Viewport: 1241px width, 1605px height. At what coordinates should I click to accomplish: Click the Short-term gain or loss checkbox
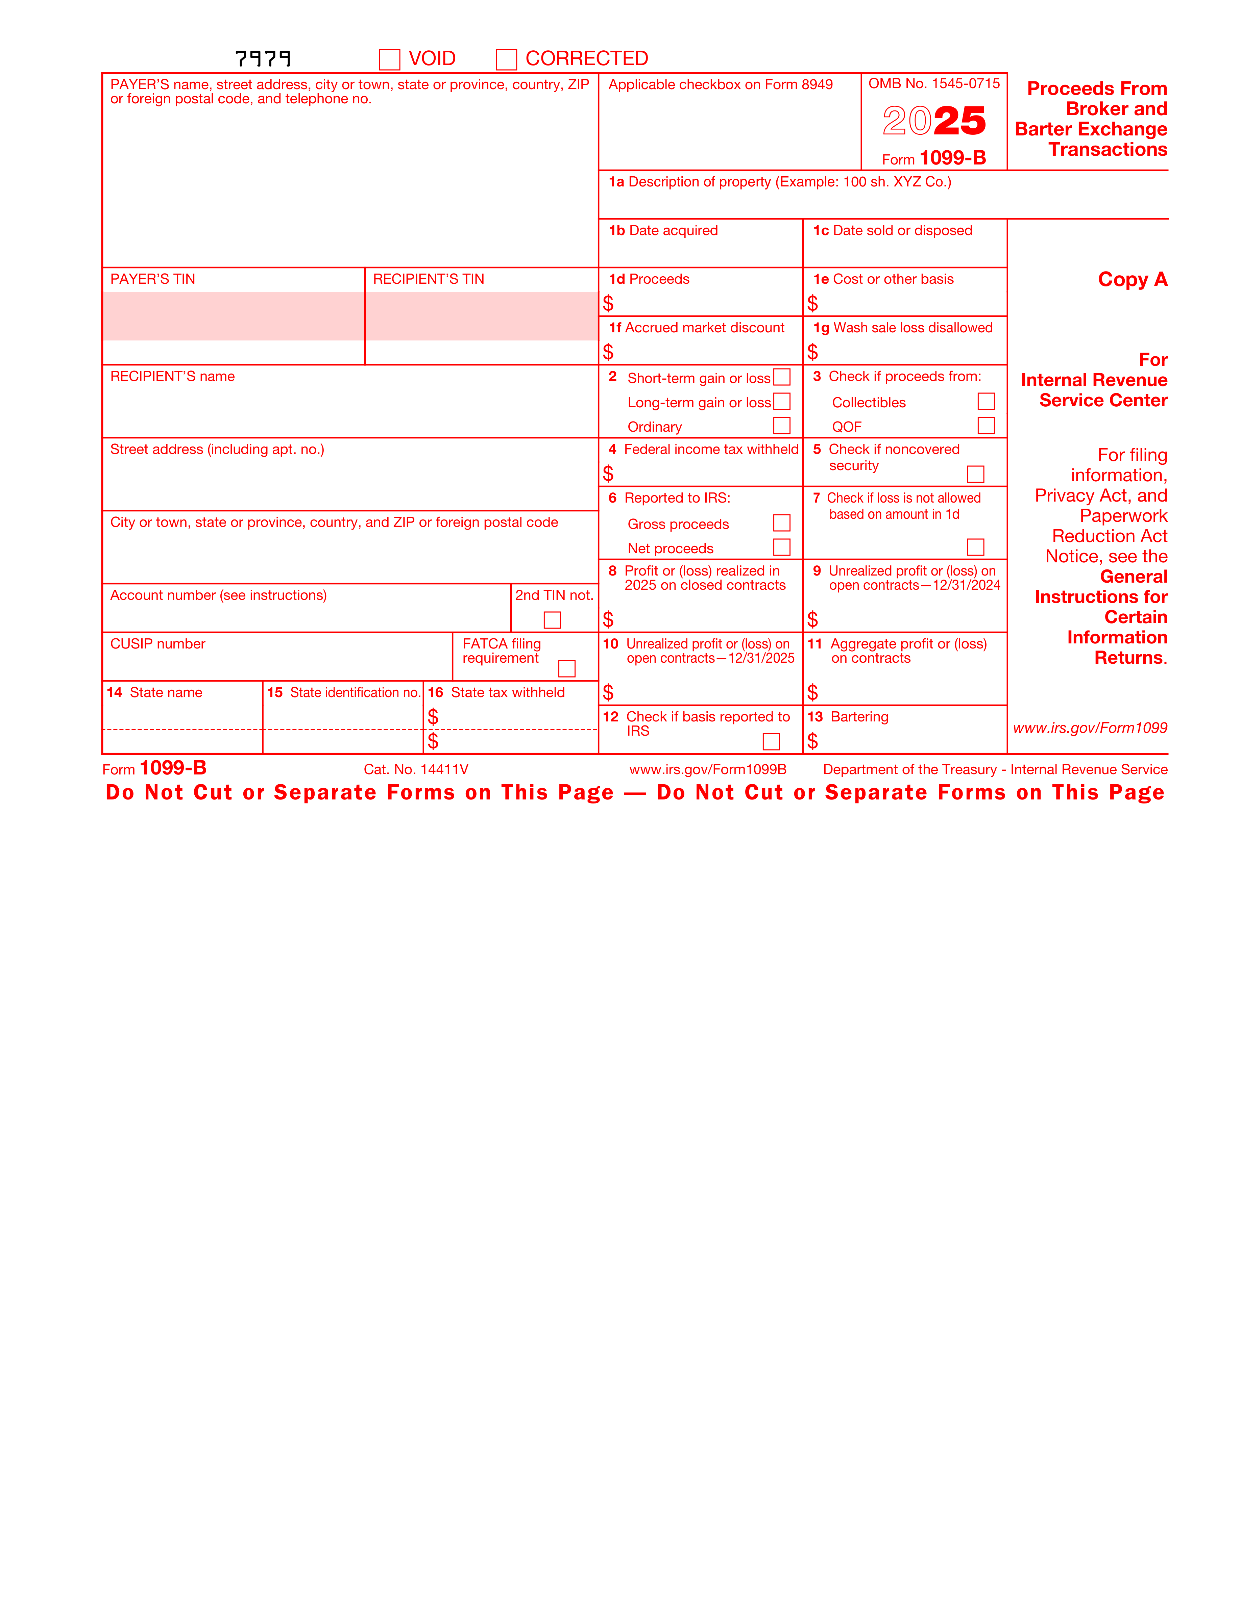pyautogui.click(x=781, y=377)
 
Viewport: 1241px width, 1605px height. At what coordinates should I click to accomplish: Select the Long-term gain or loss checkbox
pyautogui.click(x=781, y=401)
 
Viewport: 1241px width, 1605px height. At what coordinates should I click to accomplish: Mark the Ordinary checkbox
pyautogui.click(x=781, y=426)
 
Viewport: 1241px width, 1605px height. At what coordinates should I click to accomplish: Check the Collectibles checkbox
pyautogui.click(x=986, y=401)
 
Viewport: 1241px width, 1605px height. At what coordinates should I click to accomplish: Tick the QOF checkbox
pyautogui.click(x=986, y=426)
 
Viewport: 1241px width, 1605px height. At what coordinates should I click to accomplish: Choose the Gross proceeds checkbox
pyautogui.click(x=781, y=523)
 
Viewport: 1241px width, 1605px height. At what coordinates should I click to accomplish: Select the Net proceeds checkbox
pyautogui.click(x=781, y=547)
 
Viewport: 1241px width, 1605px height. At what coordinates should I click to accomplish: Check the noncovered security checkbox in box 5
pyautogui.click(x=976, y=474)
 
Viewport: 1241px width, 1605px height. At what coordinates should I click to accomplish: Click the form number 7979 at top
pyautogui.click(x=263, y=58)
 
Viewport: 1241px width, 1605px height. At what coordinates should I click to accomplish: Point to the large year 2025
pyautogui.click(x=934, y=121)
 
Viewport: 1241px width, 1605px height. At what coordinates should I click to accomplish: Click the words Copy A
pyautogui.click(x=1132, y=279)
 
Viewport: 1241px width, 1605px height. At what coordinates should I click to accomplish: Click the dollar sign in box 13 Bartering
pyautogui.click(x=812, y=741)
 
